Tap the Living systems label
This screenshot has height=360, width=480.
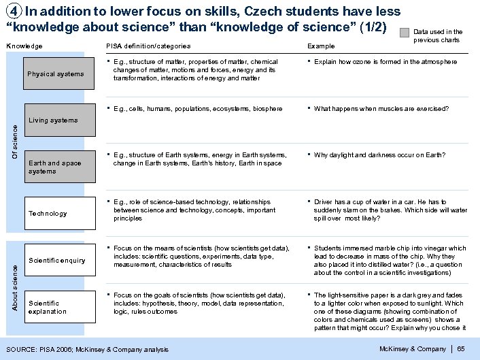(53, 120)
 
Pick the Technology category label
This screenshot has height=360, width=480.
(48, 214)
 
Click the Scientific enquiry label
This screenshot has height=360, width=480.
(57, 261)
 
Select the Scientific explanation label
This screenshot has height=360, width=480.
(48, 307)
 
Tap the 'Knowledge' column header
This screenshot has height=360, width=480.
(24, 46)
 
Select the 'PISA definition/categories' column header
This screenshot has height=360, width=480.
(148, 46)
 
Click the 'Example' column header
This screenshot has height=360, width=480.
(321, 46)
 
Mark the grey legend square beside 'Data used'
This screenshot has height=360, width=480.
(405, 32)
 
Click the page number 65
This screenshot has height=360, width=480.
(460, 349)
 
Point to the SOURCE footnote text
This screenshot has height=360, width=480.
(87, 350)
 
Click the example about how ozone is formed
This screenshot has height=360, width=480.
(385, 62)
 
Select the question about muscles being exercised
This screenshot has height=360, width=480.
(381, 108)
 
